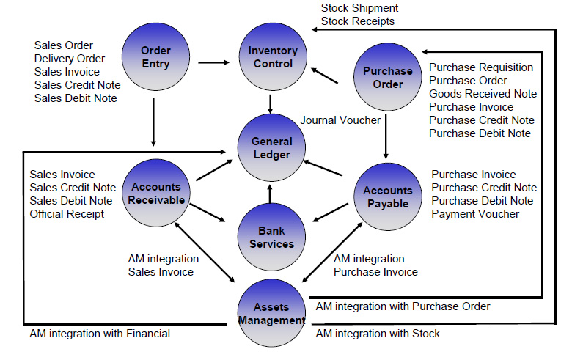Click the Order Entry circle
point(155,57)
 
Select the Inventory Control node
point(272,57)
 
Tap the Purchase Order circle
point(388,77)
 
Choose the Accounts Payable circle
point(388,196)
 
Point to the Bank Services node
point(271,237)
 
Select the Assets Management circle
point(271,314)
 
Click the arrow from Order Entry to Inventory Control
point(213,62)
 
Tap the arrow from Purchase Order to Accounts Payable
point(386,136)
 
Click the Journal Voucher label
point(340,120)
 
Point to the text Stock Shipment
point(359,8)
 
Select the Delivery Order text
point(70,59)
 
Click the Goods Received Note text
point(483,94)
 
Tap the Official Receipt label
point(67,214)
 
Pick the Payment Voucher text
point(475,214)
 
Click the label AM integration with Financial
point(100,334)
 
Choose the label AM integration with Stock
point(378,334)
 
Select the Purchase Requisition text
point(481,67)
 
